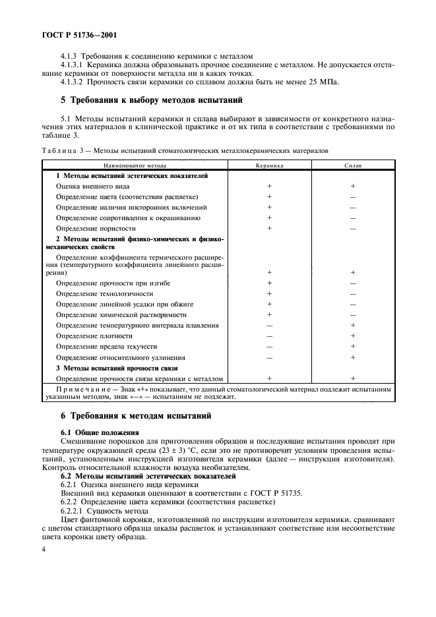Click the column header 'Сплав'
coord(353,165)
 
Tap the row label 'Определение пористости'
coord(96,228)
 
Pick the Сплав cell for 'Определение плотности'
coord(353,336)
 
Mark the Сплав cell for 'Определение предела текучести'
coord(353,346)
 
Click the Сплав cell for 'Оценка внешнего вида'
coord(353,187)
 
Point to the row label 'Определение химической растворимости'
coord(121,314)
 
